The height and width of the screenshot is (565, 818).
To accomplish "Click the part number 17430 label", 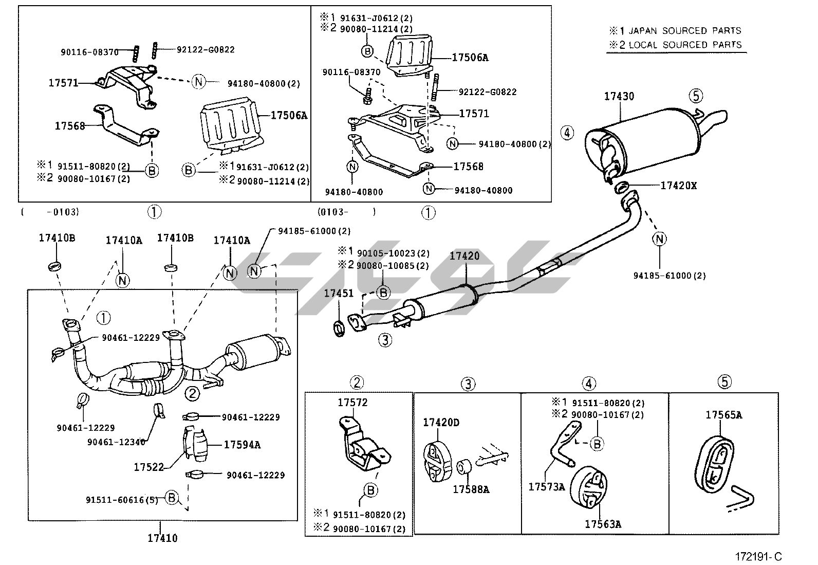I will [x=619, y=96].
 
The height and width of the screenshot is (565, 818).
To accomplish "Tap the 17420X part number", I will [x=678, y=186].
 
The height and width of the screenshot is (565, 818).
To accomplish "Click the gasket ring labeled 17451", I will [x=339, y=328].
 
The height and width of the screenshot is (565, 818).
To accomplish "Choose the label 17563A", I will [x=603, y=524].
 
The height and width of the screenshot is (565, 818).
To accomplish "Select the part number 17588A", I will [x=471, y=489].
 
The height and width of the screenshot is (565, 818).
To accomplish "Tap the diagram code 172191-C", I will [x=758, y=556].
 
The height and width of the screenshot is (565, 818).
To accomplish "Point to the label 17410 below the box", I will [x=162, y=538].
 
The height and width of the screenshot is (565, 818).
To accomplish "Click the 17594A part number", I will [x=241, y=445].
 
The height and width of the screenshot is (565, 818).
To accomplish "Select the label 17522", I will [x=148, y=467].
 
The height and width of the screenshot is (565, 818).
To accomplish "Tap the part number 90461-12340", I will [x=116, y=442].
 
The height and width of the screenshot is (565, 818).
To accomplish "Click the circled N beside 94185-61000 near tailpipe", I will [x=660, y=238].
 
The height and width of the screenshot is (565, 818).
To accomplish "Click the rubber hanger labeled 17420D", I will [x=436, y=460].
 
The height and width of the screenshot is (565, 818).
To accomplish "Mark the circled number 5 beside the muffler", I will [x=696, y=95].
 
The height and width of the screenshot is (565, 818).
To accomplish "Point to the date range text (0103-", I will [x=333, y=211].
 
